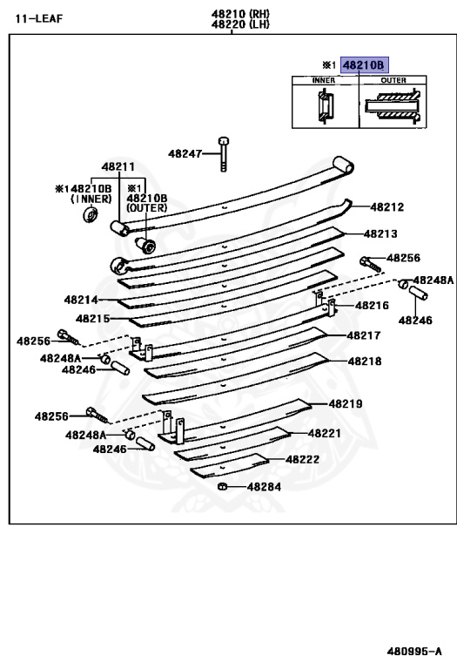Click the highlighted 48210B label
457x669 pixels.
point(365,64)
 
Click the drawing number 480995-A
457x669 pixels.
point(414,651)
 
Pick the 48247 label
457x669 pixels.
point(185,153)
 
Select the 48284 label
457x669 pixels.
point(264,487)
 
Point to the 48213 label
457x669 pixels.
point(380,233)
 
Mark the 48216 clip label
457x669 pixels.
point(373,306)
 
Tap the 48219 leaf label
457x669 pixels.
point(346,403)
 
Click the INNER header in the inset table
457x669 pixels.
point(324,80)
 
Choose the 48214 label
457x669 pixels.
point(81,299)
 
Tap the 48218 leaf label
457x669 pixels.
point(365,361)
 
